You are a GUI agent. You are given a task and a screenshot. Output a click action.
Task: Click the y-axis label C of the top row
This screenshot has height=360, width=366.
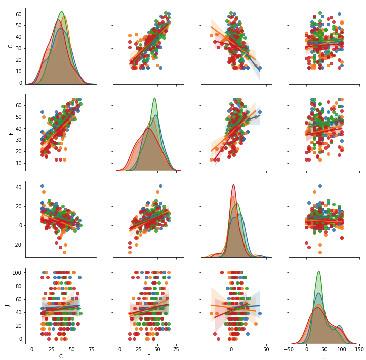[x=11, y=46]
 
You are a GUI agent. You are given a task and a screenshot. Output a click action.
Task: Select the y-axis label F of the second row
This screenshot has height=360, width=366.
[x=11, y=133]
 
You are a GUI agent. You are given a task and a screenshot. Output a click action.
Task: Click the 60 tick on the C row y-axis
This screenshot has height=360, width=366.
[x=18, y=14]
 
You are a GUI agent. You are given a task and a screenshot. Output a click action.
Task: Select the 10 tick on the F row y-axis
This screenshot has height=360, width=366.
[x=18, y=163]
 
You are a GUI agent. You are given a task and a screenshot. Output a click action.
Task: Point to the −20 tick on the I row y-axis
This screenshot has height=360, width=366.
[x=16, y=245]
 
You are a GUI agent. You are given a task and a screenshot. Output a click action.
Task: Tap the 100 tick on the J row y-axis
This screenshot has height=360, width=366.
[x=16, y=273]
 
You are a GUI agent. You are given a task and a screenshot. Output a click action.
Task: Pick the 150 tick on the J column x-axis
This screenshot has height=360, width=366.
[x=359, y=349]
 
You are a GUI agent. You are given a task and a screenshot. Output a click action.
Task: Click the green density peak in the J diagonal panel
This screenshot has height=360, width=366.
[x=318, y=271]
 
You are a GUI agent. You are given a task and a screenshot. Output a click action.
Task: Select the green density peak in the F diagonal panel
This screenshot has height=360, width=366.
[x=154, y=98]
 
